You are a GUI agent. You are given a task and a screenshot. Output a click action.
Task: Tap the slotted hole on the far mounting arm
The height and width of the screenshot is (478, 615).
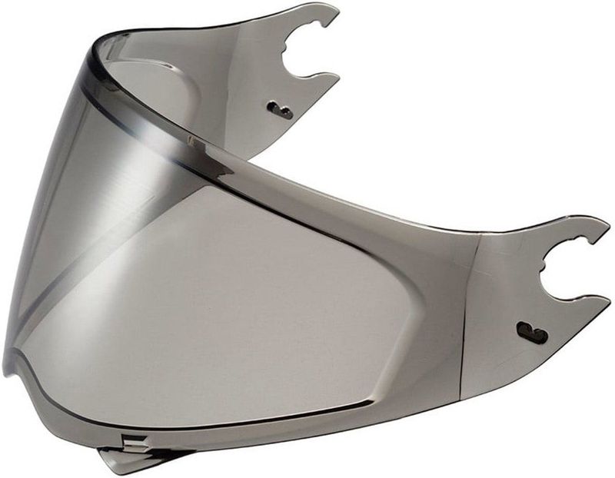[x=283, y=112]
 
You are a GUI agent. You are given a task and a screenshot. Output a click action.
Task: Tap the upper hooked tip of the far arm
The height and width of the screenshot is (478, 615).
[x=332, y=9]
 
